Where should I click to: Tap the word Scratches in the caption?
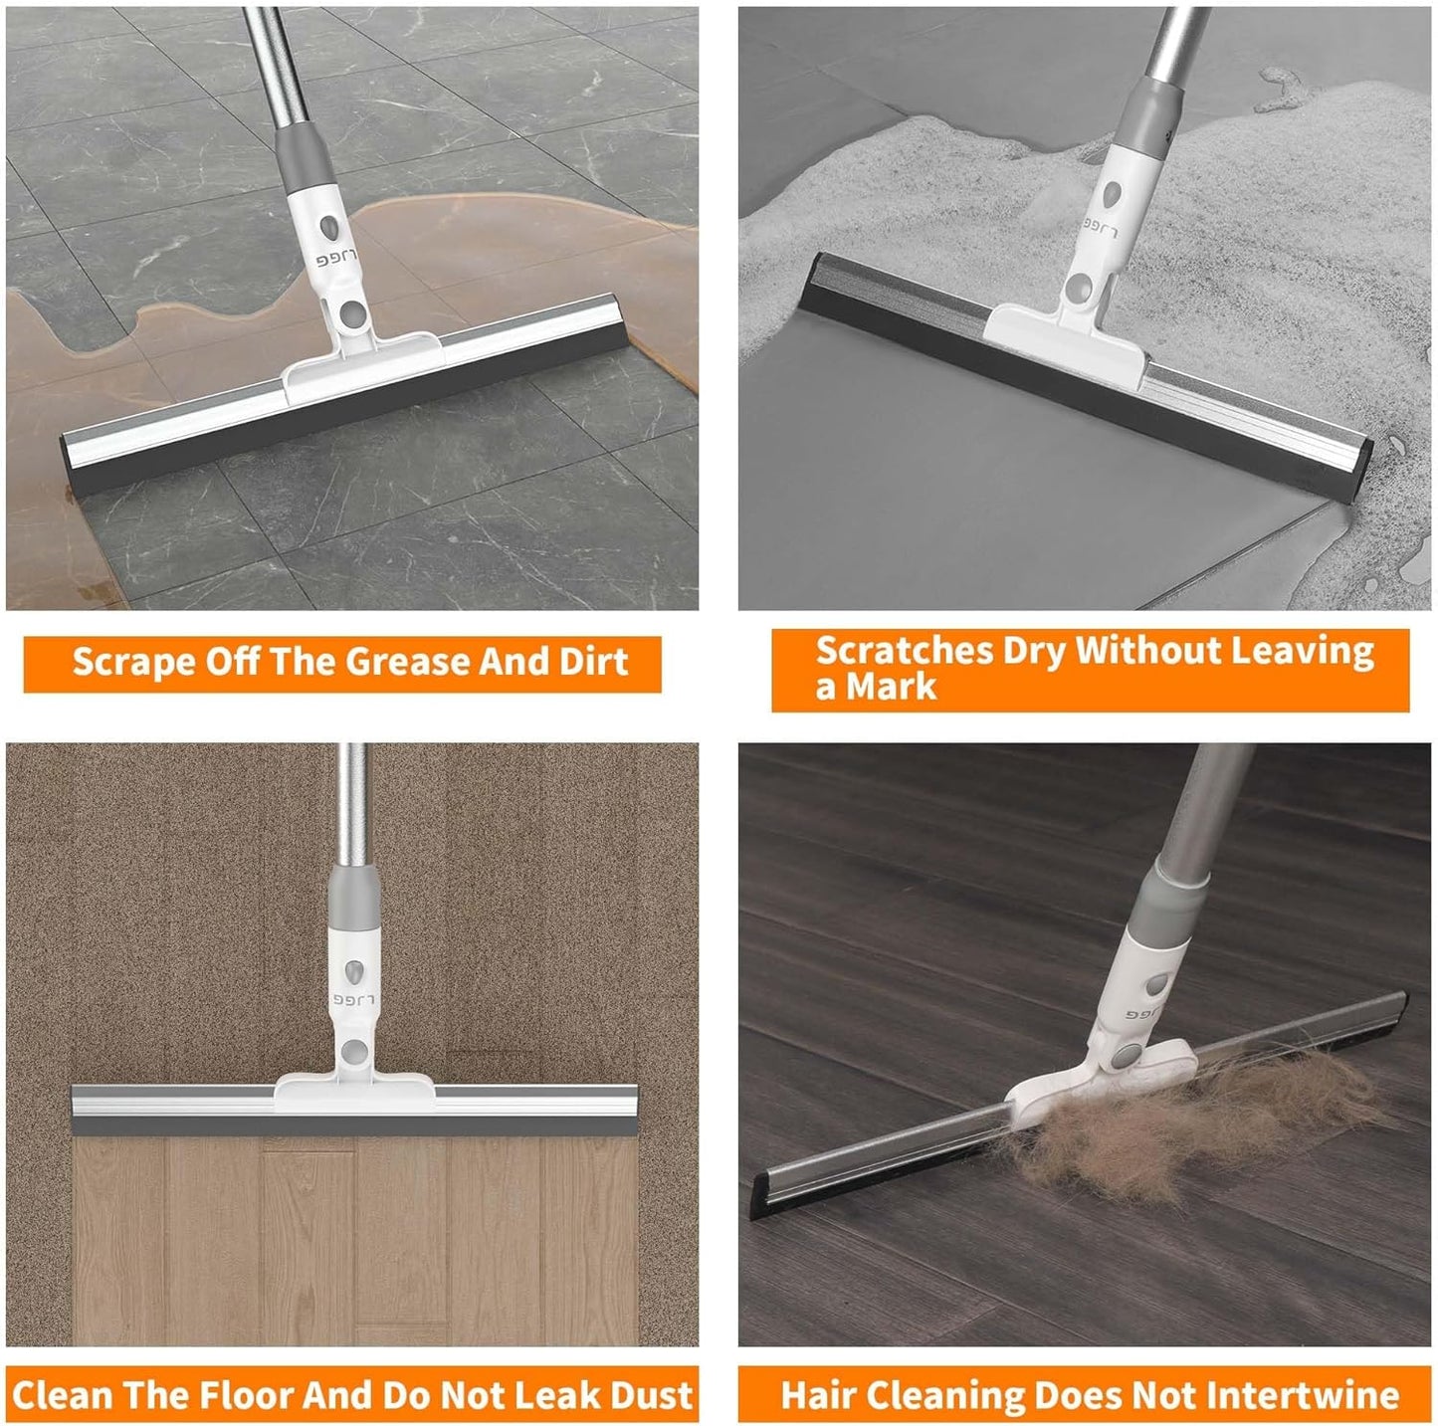[x=904, y=651]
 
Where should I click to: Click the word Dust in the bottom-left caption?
[x=652, y=1395]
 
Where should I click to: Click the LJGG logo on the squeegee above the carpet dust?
[x=353, y=999]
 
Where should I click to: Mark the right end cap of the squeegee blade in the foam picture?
[x=1359, y=469]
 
